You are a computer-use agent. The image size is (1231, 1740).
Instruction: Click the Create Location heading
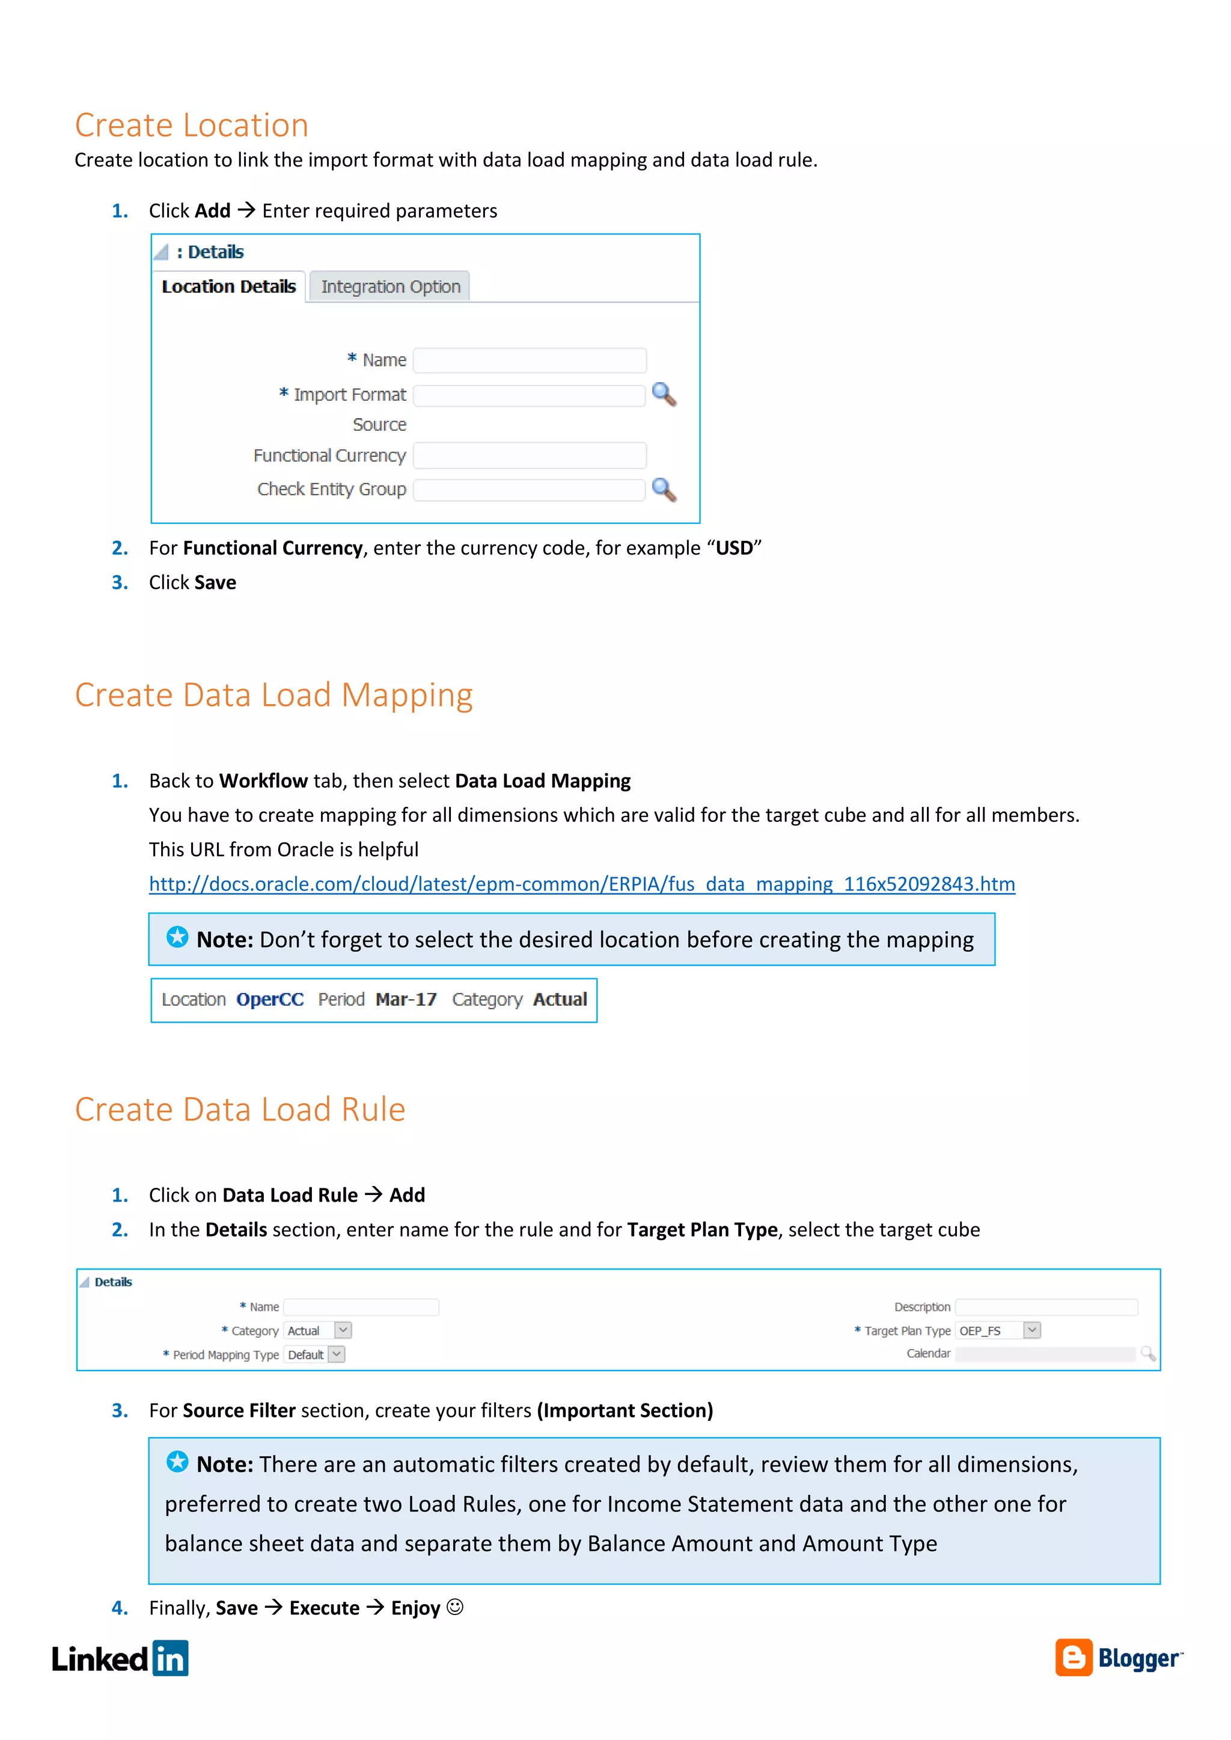coord(191,125)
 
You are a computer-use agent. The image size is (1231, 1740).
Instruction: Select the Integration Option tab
coord(389,287)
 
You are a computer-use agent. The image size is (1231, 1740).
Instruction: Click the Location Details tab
coord(228,287)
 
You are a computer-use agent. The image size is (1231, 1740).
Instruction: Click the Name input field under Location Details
coord(529,360)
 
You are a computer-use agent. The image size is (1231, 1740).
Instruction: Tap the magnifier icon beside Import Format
coord(664,394)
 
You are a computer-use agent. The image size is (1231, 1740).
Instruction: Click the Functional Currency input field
coord(529,455)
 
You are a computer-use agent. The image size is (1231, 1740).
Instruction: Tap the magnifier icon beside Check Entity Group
coord(664,490)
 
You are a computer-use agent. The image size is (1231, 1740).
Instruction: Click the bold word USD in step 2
coord(734,548)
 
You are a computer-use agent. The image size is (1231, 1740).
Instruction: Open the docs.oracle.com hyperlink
coord(581,884)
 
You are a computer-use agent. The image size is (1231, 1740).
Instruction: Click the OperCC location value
coord(270,1000)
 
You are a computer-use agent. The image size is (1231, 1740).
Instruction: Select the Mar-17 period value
coord(406,1000)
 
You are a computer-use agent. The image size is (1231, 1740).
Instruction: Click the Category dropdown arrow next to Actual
coord(343,1330)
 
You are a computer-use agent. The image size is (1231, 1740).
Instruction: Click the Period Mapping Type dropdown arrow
coord(337,1354)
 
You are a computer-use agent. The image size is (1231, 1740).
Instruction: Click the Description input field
coord(1046,1307)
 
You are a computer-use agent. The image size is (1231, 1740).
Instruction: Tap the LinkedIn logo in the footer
coord(120,1659)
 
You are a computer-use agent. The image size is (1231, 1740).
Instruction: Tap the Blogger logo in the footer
coord(1118,1658)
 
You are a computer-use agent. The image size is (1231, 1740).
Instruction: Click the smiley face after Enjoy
coord(455,1607)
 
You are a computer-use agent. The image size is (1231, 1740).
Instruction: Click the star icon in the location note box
coord(177,937)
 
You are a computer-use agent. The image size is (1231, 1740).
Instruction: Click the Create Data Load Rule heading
coord(240,1110)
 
